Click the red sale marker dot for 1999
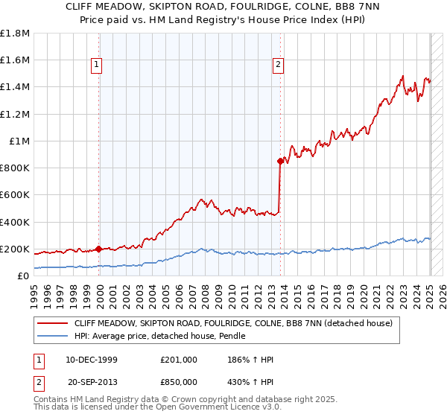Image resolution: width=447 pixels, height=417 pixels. (99, 249)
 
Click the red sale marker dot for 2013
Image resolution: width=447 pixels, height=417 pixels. (280, 161)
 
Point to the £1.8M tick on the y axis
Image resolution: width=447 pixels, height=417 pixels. (15, 34)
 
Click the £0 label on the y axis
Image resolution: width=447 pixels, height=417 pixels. (23, 276)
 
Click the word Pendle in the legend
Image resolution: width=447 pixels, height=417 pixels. (230, 337)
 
